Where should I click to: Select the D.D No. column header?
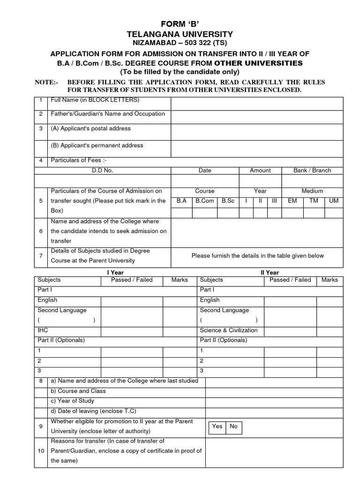[102, 171]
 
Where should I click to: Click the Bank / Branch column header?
[312, 171]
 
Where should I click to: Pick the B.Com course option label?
[204, 201]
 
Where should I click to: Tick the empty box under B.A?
[181, 212]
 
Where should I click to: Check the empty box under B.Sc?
[228, 212]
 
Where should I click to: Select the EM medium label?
[292, 201]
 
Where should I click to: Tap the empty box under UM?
[334, 212]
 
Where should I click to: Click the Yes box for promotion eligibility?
[217, 427]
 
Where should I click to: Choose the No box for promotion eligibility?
[234, 427]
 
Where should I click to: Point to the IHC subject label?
[43, 330]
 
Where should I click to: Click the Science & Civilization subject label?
[229, 330]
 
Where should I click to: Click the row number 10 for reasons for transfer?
[41, 451]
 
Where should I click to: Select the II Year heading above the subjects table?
[270, 272]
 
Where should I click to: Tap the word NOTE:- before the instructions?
[47, 82]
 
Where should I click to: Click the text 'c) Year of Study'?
[72, 401]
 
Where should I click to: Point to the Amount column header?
[260, 171]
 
